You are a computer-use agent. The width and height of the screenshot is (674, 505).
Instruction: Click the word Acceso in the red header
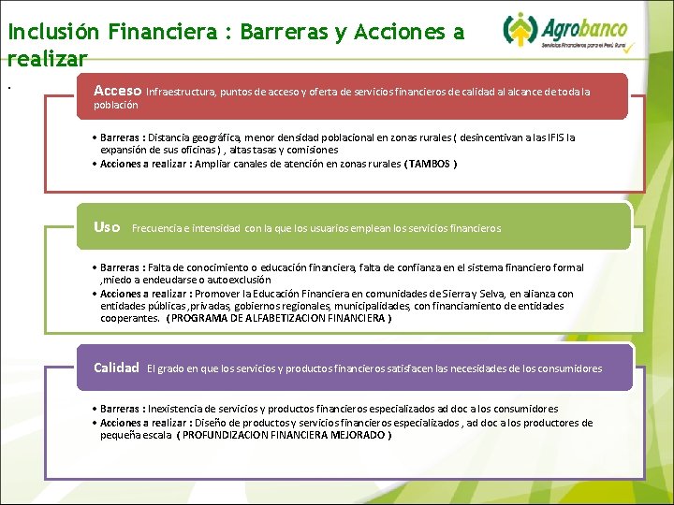click(x=117, y=91)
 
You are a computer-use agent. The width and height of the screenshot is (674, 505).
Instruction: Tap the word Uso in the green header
click(x=107, y=227)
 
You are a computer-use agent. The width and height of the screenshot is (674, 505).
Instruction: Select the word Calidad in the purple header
click(x=116, y=368)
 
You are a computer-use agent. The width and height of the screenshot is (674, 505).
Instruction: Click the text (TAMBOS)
click(x=431, y=163)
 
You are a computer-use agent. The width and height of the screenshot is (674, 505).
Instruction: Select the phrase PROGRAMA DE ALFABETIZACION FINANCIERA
click(x=279, y=318)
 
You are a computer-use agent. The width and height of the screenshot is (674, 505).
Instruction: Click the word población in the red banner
click(x=116, y=106)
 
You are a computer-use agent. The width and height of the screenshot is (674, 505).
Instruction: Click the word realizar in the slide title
click(x=47, y=58)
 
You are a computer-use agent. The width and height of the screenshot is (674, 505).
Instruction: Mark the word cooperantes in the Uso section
click(x=129, y=318)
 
